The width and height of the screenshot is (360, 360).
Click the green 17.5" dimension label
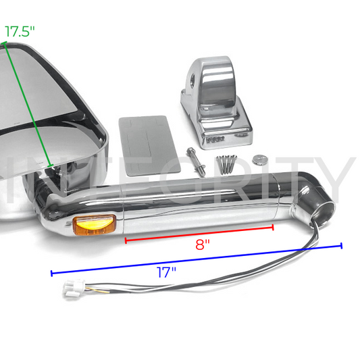pyautogui.click(x=20, y=32)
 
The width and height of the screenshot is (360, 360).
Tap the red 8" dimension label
pyautogui.click(x=203, y=245)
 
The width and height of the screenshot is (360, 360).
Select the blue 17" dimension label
pyautogui.click(x=166, y=272)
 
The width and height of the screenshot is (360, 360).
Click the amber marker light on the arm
pyautogui.click(x=94, y=225)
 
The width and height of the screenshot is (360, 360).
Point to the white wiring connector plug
pyautogui.click(x=74, y=288)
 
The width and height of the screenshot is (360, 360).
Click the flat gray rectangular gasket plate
pyautogui.click(x=149, y=146)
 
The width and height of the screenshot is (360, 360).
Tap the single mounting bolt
pyautogui.click(x=196, y=161)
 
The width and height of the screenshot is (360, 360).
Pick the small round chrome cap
pyautogui.click(x=260, y=160)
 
